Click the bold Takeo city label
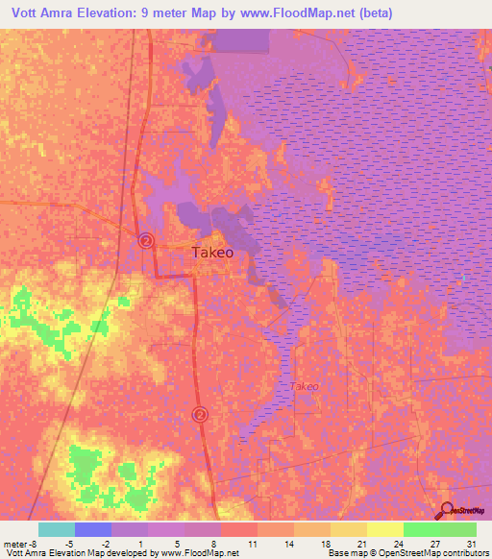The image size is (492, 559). (212, 253)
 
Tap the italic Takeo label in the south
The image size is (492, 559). (304, 386)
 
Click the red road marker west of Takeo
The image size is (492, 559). (146, 240)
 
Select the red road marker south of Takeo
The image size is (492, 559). (200, 414)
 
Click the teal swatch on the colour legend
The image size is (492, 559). (56, 529)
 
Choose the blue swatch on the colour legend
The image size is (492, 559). (92, 529)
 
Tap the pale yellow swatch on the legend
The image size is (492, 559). (384, 529)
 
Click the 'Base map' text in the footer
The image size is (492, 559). (347, 553)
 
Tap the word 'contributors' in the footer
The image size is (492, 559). (460, 553)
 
